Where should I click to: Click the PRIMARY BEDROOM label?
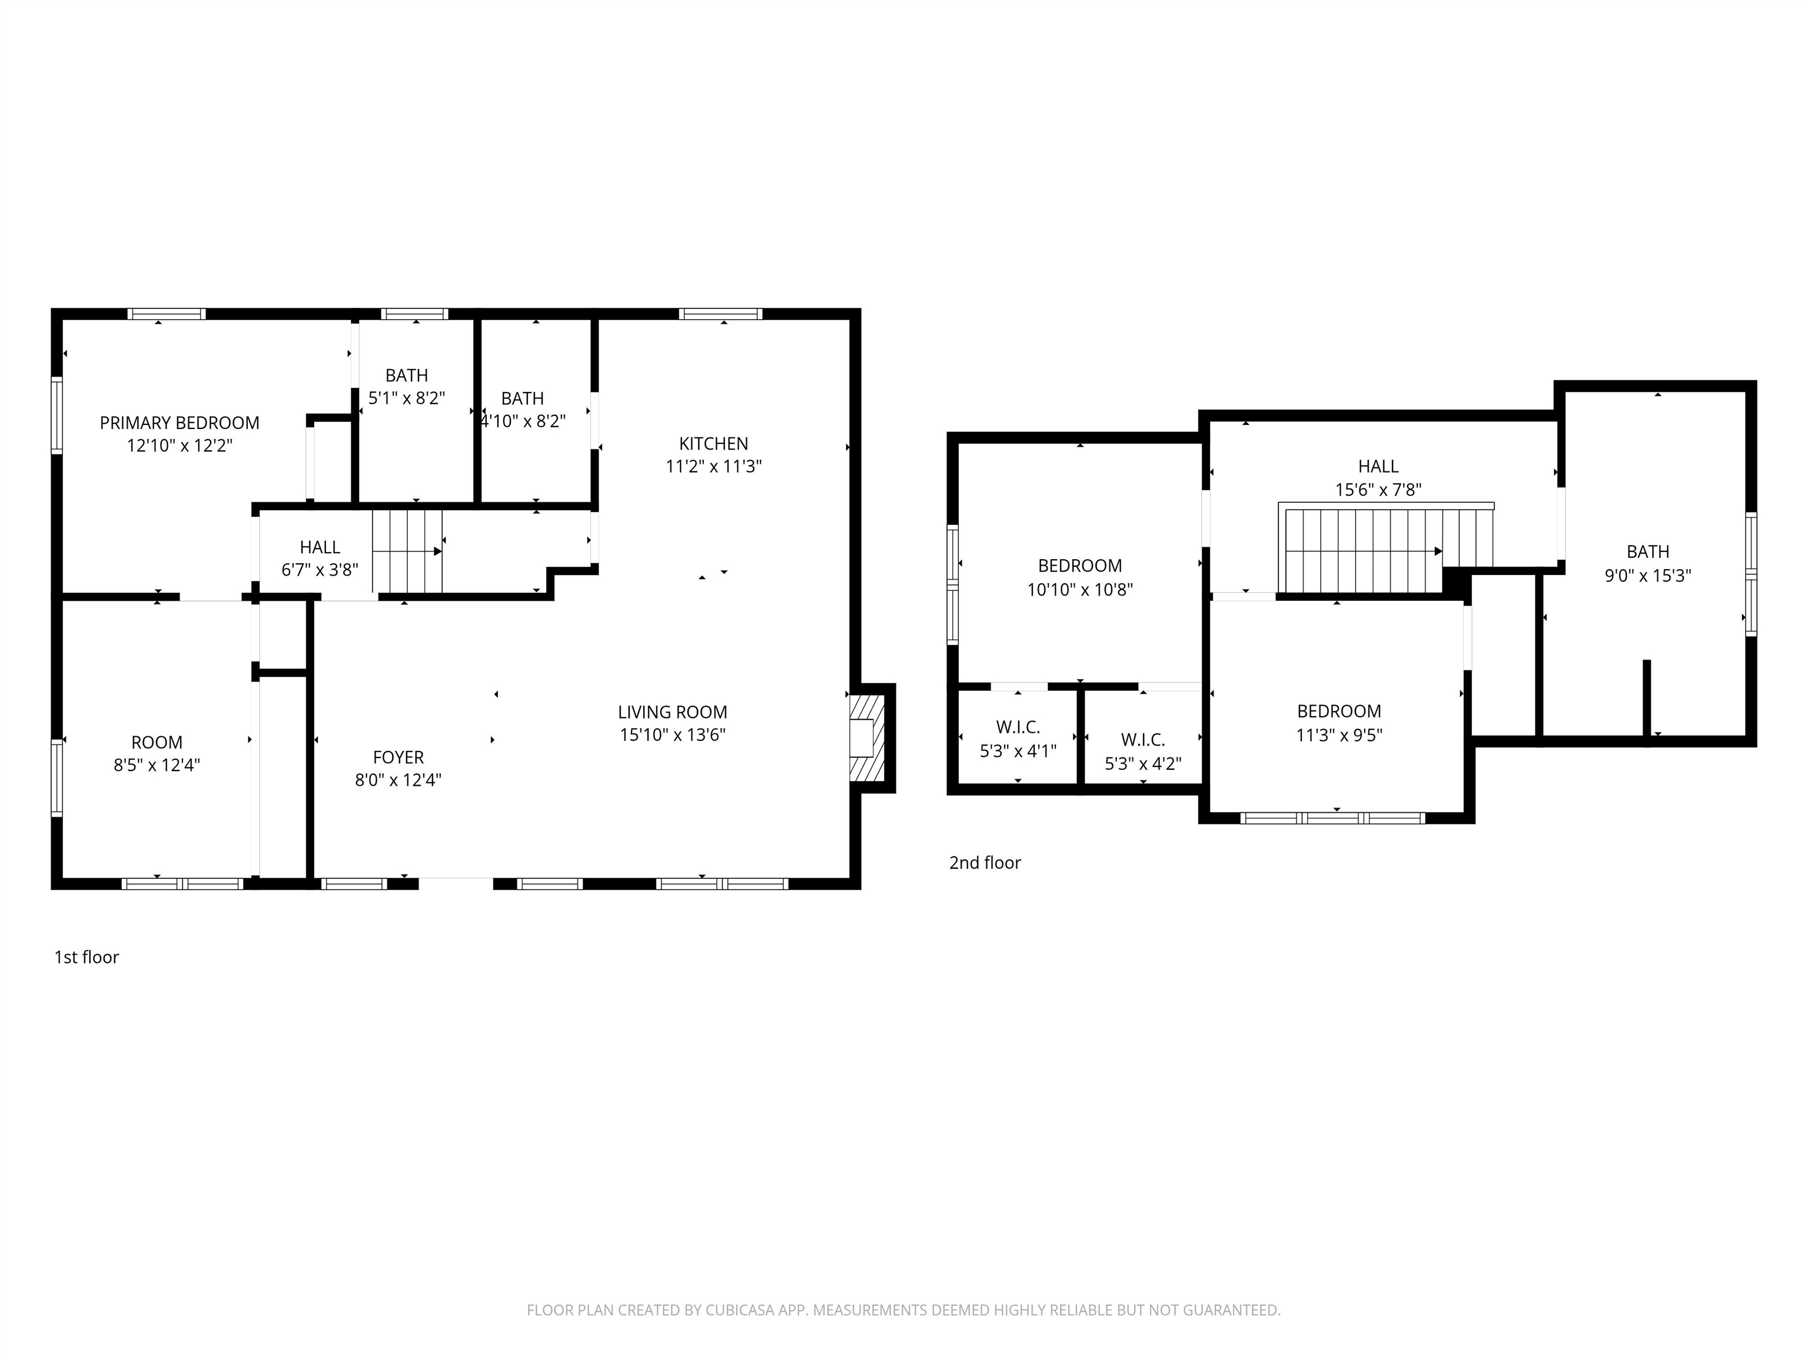tap(180, 423)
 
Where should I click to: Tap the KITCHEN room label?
tap(713, 444)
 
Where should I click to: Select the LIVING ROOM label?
tap(673, 712)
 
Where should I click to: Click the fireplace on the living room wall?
tap(868, 738)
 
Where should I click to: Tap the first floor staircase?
tap(407, 551)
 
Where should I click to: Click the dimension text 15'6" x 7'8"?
tap(1379, 490)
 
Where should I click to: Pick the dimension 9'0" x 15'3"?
tap(1648, 576)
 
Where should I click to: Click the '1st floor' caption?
tap(87, 957)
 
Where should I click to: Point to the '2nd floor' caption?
tap(985, 862)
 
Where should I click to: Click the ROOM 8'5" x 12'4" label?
tap(157, 753)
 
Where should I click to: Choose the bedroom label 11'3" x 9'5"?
tap(1339, 723)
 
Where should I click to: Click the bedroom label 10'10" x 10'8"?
tap(1080, 577)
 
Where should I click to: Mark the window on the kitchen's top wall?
tap(720, 314)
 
